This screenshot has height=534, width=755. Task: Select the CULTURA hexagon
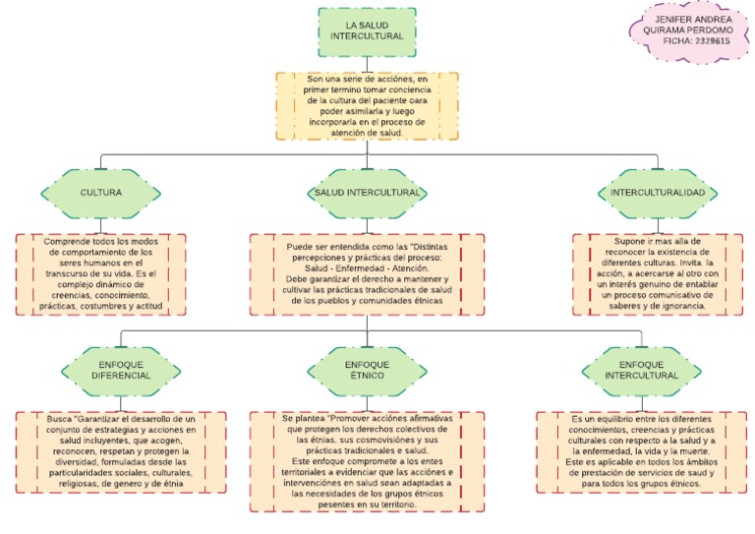(101, 193)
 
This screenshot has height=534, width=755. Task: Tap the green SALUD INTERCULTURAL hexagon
(367, 193)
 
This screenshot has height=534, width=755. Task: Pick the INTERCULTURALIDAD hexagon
(658, 193)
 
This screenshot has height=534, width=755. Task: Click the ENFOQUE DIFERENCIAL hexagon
(121, 370)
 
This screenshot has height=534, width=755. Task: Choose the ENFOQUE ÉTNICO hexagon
(367, 370)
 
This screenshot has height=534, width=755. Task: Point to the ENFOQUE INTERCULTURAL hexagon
(642, 370)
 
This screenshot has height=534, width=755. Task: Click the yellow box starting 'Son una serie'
(367, 104)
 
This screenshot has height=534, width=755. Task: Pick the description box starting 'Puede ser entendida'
(367, 274)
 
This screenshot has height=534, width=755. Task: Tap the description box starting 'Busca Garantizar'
(121, 451)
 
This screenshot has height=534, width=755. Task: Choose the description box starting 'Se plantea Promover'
(367, 460)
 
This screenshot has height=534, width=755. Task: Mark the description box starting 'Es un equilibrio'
(641, 451)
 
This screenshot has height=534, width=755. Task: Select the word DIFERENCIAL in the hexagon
(121, 376)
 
